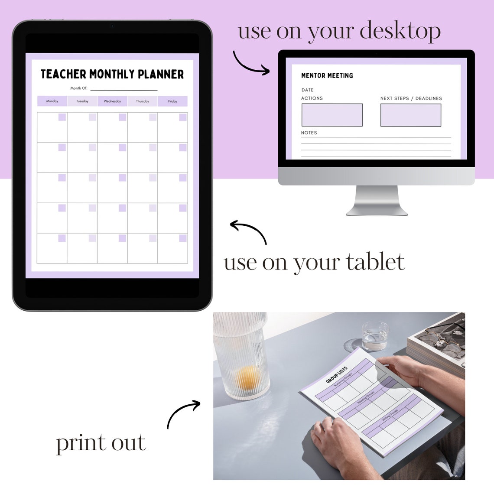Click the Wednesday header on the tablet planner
point(112,101)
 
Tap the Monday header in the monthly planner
point(52,101)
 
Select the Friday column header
point(172,101)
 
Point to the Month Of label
point(79,88)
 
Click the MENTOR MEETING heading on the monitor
point(327,75)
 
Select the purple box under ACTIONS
point(332,115)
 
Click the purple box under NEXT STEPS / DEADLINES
point(410,115)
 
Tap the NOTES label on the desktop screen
point(309,133)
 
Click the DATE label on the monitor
point(308,90)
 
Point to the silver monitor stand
point(377,201)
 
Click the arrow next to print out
point(183,413)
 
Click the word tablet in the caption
point(375,262)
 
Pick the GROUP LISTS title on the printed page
point(337,375)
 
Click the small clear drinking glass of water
point(375,335)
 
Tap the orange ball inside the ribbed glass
point(248,377)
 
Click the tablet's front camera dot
point(112,26)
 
